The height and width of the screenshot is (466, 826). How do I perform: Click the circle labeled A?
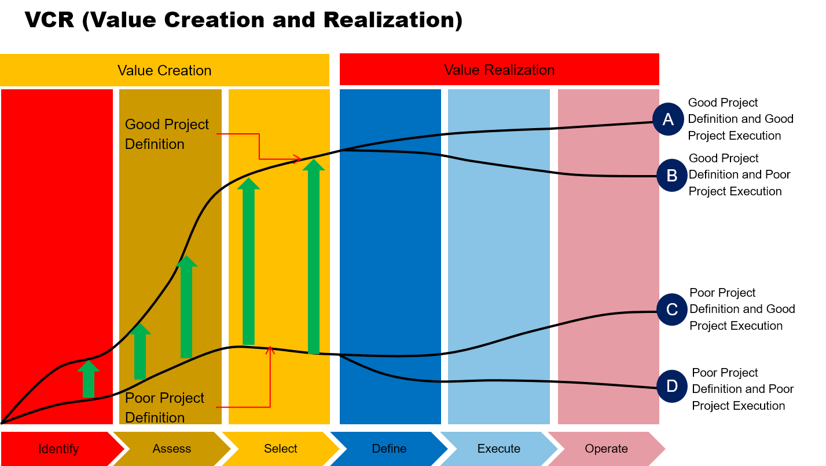668,119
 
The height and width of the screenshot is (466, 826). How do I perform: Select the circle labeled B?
671,176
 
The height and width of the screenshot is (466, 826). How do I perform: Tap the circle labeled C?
671,310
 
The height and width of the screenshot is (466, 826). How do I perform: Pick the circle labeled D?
671,386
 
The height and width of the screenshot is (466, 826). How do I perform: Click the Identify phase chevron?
58,449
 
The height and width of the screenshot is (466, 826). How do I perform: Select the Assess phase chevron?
172,449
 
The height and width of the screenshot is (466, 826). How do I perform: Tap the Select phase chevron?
281,449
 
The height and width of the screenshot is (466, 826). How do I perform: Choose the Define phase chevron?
389,449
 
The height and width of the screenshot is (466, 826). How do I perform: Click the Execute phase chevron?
499,449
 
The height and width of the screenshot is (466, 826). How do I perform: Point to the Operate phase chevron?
606,449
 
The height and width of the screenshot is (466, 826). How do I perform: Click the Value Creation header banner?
164,70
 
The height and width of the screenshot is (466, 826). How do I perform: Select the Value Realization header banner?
499,70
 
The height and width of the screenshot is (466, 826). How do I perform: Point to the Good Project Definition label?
167,134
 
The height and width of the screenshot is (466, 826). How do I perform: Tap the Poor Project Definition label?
164,407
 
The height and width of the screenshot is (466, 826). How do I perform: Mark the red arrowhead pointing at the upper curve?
298,159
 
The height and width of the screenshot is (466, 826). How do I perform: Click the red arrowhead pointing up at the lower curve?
270,349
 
